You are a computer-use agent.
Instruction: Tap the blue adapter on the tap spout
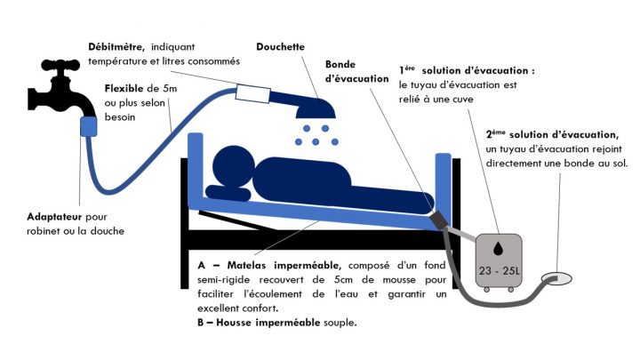click(x=89, y=125)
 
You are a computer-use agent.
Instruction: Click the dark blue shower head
click(x=316, y=107)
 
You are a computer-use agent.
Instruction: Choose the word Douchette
click(x=281, y=46)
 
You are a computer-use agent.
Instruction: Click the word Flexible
click(x=124, y=89)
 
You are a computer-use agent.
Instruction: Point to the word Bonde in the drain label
click(x=345, y=65)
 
